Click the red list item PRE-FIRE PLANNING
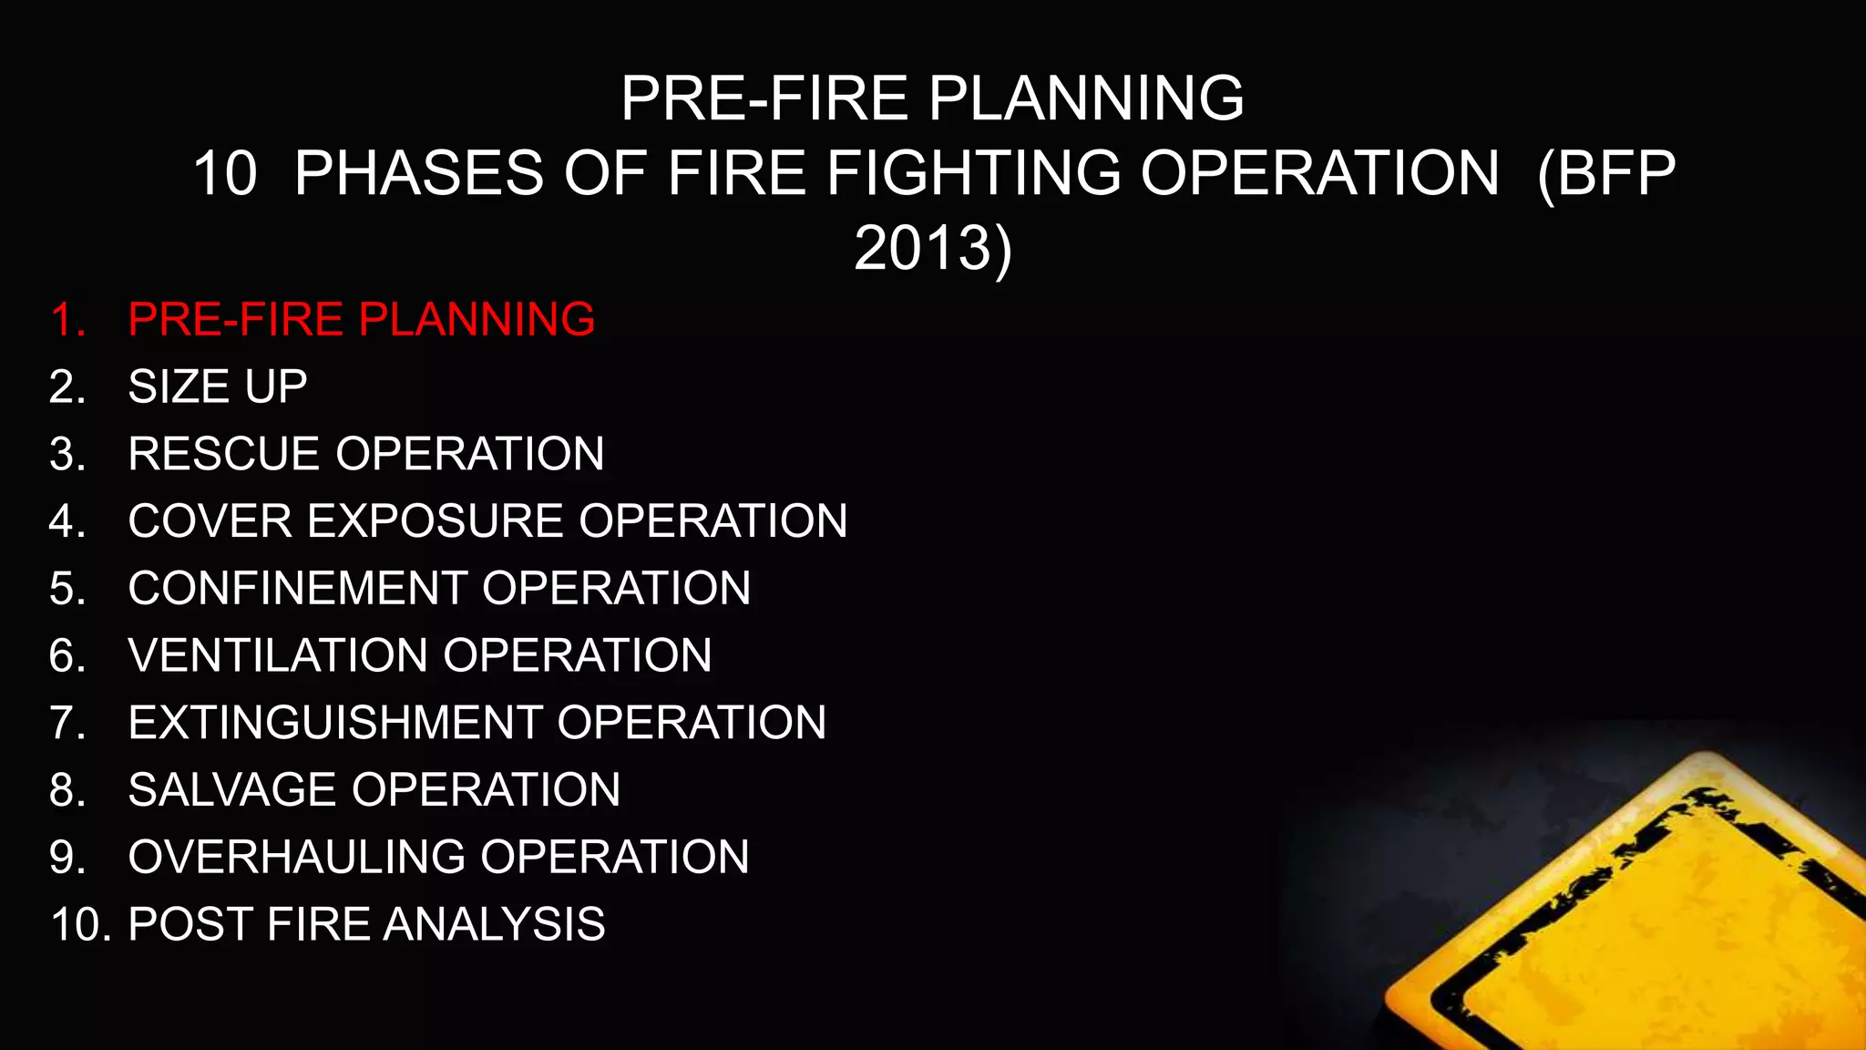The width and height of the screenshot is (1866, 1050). [361, 320]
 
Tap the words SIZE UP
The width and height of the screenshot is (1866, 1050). [218, 386]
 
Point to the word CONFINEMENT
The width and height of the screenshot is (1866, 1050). [296, 588]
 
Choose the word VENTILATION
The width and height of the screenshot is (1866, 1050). [277, 655]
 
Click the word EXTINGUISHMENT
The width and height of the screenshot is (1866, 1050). [335, 723]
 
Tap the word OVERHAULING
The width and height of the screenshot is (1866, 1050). [296, 857]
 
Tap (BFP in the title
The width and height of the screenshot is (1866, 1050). [1605, 173]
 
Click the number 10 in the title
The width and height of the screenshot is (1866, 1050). [225, 173]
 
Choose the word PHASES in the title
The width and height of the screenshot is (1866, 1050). [419, 173]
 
